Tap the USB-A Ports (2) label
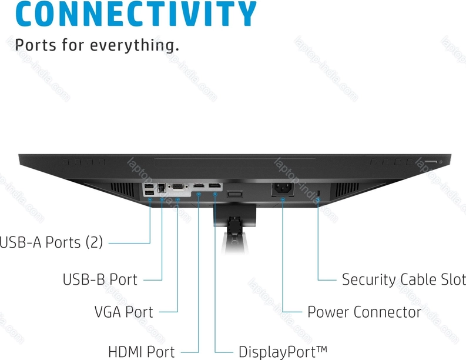pos(52,242)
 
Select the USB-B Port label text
pos(100,279)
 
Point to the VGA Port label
pos(123,312)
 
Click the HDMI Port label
pos(142,352)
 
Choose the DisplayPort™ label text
pos(283,352)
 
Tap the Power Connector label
pos(364,312)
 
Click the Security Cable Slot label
pos(403,279)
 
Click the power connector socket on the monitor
pos(283,190)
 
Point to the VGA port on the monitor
pos(176,189)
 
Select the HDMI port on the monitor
pos(199,188)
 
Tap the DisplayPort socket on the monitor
pos(215,188)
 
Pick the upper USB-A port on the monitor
pos(149,186)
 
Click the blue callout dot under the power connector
pos(283,199)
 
